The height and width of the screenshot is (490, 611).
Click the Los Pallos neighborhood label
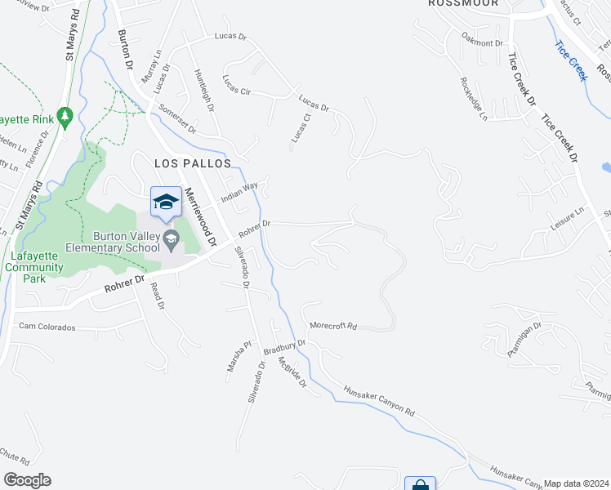[x=193, y=163]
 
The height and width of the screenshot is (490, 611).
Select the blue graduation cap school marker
[x=166, y=202]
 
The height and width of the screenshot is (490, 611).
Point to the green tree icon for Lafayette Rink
[x=66, y=118]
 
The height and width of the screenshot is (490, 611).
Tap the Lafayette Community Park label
[x=33, y=261]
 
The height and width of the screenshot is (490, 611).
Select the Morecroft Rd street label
[x=333, y=326]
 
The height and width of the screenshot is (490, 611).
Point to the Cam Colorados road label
[x=47, y=327]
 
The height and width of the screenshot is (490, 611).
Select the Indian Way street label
[x=240, y=194]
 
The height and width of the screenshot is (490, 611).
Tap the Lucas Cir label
[x=236, y=84]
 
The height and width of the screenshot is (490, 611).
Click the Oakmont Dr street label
[x=483, y=42]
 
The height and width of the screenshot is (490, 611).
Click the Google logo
[x=27, y=480]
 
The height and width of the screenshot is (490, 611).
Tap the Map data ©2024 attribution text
[x=577, y=483]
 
